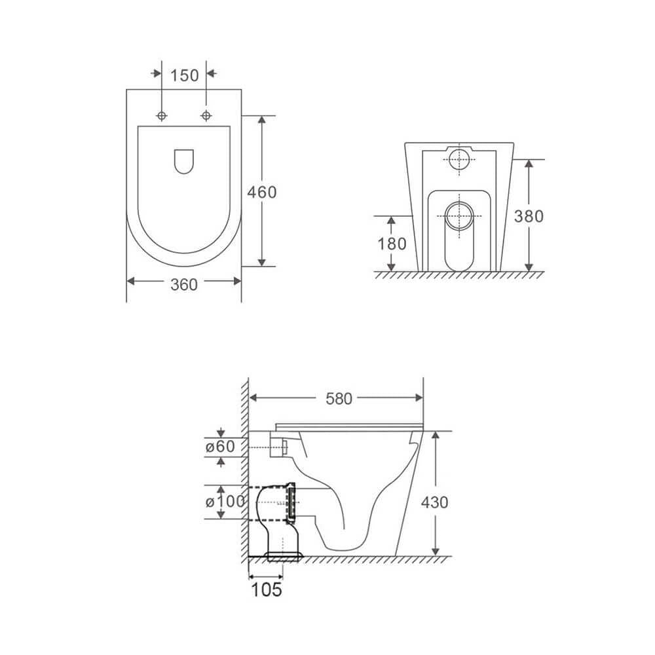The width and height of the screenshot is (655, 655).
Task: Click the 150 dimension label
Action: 184,75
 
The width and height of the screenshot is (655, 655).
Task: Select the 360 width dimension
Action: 184,283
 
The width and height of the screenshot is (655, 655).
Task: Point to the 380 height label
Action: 528,216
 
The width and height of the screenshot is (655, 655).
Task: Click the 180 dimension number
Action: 392,244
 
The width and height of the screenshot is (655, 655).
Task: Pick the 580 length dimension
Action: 339,398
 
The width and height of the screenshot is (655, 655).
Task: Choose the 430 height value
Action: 434,502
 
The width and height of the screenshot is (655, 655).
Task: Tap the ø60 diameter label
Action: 219,447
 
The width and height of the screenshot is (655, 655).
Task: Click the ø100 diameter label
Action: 225,502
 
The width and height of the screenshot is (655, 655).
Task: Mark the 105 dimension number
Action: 266,589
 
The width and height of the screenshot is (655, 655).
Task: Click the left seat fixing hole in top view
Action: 161,116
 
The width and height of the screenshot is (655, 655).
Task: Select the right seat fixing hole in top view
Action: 206,116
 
